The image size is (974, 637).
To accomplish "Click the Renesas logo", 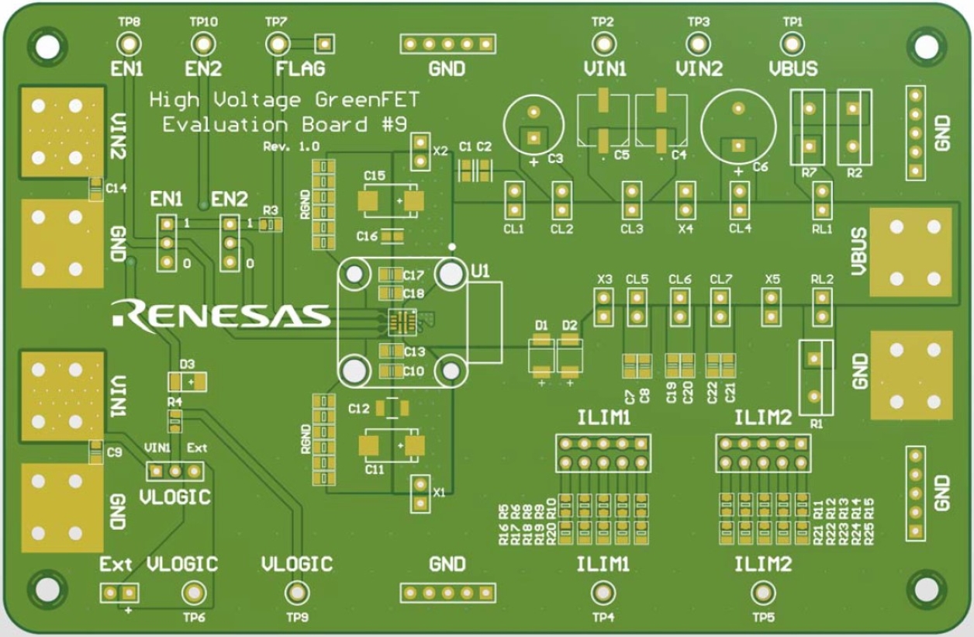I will [221, 314].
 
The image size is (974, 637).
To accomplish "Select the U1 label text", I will [481, 272].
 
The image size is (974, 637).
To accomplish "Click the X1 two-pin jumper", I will [420, 493].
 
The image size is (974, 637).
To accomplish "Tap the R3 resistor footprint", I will [270, 225].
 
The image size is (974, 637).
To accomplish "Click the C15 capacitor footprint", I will [392, 201].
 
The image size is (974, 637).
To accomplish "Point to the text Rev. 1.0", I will [291, 147].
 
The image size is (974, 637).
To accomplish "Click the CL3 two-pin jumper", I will [633, 200].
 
